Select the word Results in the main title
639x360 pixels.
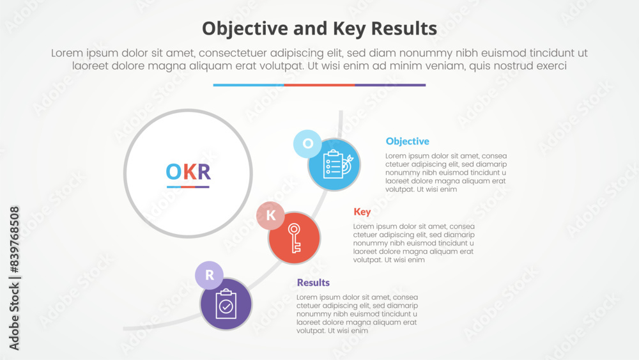pyautogui.click(x=404, y=29)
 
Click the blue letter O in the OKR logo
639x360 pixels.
pyautogui.click(x=173, y=171)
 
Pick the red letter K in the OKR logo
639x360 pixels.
pyautogui.click(x=190, y=171)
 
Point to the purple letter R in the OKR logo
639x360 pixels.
pyautogui.click(x=204, y=171)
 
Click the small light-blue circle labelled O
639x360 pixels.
pyautogui.click(x=308, y=143)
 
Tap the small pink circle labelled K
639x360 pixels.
pyautogui.click(x=270, y=215)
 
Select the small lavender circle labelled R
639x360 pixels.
pyautogui.click(x=209, y=275)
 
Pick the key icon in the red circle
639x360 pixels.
pyautogui.click(x=294, y=238)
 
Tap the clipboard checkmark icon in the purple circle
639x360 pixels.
pyautogui.click(x=226, y=304)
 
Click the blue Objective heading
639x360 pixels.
pyautogui.click(x=407, y=141)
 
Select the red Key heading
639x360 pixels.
pyautogui.click(x=362, y=212)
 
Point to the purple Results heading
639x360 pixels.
pyautogui.click(x=313, y=283)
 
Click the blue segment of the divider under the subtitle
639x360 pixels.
pyautogui.click(x=249, y=85)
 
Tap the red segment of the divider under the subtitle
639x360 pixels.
pyautogui.click(x=319, y=85)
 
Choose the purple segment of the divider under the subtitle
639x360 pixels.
pyautogui.click(x=390, y=85)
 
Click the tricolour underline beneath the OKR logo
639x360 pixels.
pyautogui.click(x=188, y=187)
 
